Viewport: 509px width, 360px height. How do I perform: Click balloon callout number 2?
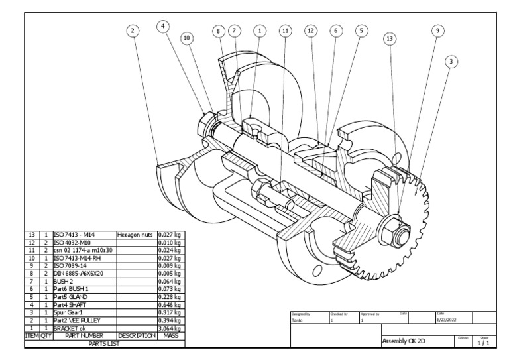[133, 30]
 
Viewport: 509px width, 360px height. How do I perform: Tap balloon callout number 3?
[451, 62]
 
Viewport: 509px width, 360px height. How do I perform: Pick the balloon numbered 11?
[285, 30]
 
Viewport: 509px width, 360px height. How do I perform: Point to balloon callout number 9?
[437, 30]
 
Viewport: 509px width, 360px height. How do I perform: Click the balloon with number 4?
[163, 25]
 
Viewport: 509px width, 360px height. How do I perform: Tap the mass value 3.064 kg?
[171, 328]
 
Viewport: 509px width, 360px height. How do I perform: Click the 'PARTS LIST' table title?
[103, 343]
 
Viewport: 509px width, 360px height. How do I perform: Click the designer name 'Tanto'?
[299, 319]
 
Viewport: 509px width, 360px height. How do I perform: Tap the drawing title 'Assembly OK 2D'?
[404, 341]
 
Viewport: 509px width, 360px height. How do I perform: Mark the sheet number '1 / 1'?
[485, 343]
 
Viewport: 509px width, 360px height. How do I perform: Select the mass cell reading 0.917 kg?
[171, 311]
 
